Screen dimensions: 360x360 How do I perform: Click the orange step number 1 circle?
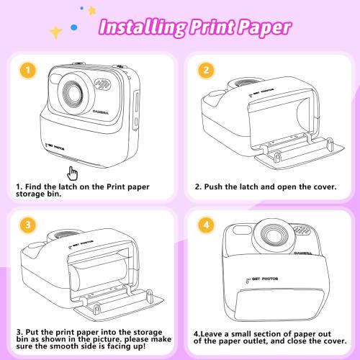[27, 71]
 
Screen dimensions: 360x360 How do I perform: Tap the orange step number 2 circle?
[206, 71]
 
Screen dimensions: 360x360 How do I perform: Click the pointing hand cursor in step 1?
[73, 172]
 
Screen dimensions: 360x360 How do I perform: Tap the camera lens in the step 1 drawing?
[72, 91]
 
